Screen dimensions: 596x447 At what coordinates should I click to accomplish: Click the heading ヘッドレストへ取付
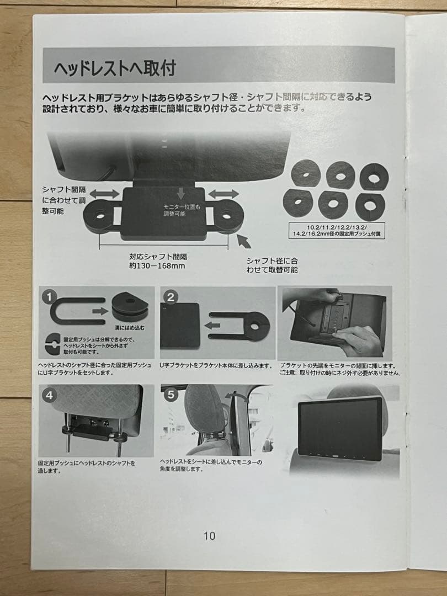click(115, 68)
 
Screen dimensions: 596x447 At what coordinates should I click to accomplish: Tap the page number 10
click(209, 535)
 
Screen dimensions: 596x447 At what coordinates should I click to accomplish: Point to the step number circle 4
click(50, 395)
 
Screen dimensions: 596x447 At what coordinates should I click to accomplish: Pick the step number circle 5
click(172, 395)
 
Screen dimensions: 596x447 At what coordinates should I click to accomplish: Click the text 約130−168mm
click(156, 266)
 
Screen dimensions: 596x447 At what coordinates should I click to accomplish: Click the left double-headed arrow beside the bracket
click(105, 194)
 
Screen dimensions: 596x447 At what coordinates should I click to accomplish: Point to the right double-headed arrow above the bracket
click(224, 194)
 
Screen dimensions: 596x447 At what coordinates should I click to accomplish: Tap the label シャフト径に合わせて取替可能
click(272, 265)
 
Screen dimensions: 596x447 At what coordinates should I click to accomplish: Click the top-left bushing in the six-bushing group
click(306, 173)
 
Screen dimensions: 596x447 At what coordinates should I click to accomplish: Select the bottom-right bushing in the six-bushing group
click(370, 205)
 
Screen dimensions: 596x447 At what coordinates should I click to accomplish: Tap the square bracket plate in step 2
click(180, 326)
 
